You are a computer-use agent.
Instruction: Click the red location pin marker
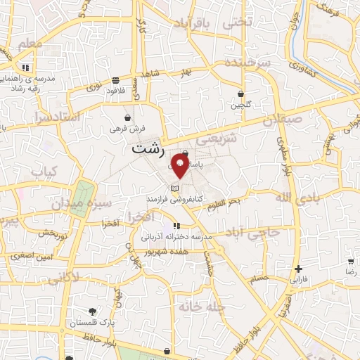pyautogui.click(x=180, y=168)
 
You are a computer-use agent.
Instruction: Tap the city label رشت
pyautogui.click(x=148, y=150)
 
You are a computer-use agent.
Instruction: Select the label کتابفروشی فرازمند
pyautogui.click(x=194, y=199)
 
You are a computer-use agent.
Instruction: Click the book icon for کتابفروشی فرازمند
pyautogui.click(x=175, y=188)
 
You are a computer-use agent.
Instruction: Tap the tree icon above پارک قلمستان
pyautogui.click(x=92, y=311)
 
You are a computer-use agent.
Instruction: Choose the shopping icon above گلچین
pyautogui.click(x=240, y=94)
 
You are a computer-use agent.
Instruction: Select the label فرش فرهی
pyautogui.click(x=127, y=129)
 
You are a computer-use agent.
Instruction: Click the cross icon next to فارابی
pyautogui.click(x=299, y=269)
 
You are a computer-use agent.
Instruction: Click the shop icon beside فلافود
pyautogui.click(x=115, y=79)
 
